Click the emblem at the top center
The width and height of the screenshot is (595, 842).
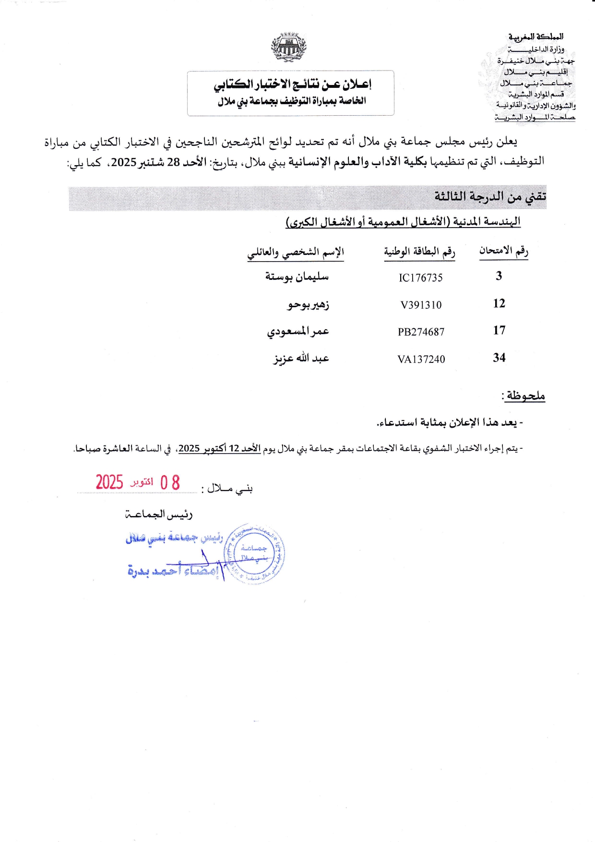click(x=288, y=47)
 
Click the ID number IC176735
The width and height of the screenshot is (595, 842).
click(x=420, y=278)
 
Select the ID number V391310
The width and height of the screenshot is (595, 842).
click(x=421, y=305)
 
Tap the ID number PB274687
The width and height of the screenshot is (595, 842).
click(x=421, y=332)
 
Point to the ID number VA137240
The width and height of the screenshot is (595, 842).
click(x=421, y=360)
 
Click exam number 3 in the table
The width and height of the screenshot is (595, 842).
click(x=499, y=276)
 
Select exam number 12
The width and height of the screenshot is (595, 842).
click(x=499, y=303)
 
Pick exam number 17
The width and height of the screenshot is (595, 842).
click(x=499, y=330)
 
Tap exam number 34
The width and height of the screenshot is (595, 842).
click(x=499, y=358)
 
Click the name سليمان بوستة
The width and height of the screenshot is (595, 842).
click(x=297, y=277)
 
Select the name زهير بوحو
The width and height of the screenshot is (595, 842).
click(x=309, y=305)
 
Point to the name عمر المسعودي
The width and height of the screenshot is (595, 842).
click(x=298, y=332)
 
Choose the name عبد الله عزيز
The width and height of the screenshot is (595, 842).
click(x=301, y=359)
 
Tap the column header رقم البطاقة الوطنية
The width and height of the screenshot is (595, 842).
click(x=419, y=252)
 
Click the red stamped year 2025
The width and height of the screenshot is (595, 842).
click(x=109, y=482)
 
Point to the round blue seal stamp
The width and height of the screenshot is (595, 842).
click(x=254, y=553)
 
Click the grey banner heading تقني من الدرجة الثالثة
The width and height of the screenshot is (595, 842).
click(x=490, y=197)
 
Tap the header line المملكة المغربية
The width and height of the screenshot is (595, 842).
click(x=536, y=37)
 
